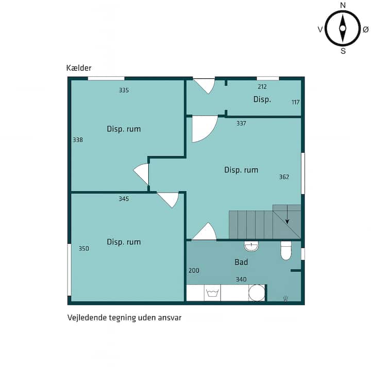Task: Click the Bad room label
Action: click(x=241, y=262)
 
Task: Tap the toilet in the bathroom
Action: click(x=286, y=250)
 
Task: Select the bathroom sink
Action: click(x=251, y=246)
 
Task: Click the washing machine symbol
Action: click(x=212, y=293)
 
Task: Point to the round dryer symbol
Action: click(x=257, y=293)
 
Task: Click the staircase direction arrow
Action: click(x=287, y=214)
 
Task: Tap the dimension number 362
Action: click(x=284, y=177)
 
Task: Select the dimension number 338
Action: click(x=78, y=140)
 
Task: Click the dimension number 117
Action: click(x=296, y=102)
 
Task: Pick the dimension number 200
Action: click(x=194, y=271)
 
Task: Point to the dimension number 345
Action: click(x=124, y=199)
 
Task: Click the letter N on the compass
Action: click(x=343, y=5)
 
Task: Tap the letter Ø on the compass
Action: click(x=365, y=29)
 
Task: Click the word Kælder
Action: click(x=79, y=68)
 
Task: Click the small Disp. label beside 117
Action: click(x=262, y=99)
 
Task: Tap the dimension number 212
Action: click(x=262, y=87)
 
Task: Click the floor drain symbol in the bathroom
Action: click(x=285, y=298)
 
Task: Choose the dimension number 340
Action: click(x=241, y=279)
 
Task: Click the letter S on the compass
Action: click(x=343, y=51)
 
